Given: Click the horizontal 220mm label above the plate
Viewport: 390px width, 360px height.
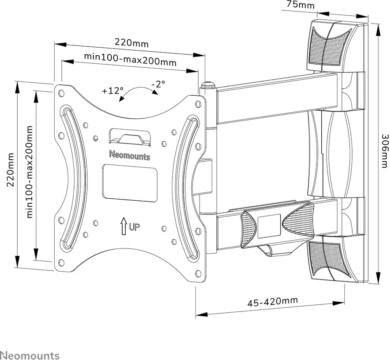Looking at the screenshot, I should (132, 42).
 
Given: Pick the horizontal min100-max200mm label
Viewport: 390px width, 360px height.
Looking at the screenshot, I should (130, 60).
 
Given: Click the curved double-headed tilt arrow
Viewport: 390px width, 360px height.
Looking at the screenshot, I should (138, 93).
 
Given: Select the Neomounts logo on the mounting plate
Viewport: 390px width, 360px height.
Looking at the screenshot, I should (130, 156).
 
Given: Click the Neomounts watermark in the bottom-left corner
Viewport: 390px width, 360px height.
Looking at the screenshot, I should (30, 355).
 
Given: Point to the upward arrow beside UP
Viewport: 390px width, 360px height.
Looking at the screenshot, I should (123, 226).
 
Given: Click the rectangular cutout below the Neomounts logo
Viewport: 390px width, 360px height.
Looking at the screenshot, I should (130, 177).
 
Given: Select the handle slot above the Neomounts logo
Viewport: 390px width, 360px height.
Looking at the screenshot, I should (130, 137).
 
